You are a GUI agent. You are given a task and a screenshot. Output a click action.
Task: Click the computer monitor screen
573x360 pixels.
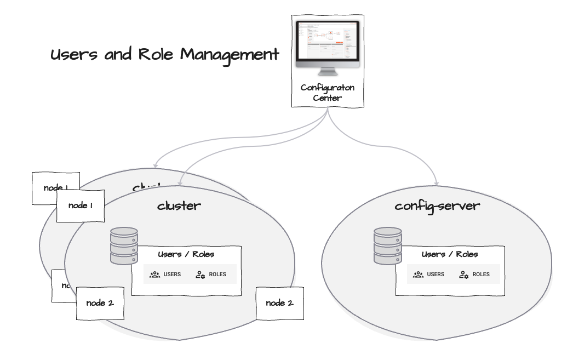click(x=327, y=43)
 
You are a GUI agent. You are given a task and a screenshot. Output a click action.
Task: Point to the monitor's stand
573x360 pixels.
click(x=327, y=71)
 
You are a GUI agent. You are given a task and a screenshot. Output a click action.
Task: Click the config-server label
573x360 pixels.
click(x=438, y=207)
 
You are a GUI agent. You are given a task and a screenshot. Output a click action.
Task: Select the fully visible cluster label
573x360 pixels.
click(x=179, y=207)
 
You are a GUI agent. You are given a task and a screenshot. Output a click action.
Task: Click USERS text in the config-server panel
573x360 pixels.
click(x=436, y=275)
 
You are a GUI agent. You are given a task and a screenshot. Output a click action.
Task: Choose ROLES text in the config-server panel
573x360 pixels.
click(x=481, y=275)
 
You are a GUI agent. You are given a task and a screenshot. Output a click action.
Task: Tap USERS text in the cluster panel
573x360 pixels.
click(x=172, y=275)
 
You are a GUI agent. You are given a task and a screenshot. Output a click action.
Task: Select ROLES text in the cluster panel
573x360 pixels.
click(x=217, y=275)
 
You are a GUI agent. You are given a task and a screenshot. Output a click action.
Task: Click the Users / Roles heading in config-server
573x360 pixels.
click(x=449, y=255)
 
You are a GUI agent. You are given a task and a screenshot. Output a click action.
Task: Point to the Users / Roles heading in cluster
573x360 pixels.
click(x=186, y=255)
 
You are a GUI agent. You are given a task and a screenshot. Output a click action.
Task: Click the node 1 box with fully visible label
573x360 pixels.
click(x=81, y=205)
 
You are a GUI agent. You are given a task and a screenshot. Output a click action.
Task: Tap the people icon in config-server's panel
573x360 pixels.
click(x=419, y=275)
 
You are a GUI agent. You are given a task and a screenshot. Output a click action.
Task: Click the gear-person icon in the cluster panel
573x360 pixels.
click(x=200, y=275)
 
